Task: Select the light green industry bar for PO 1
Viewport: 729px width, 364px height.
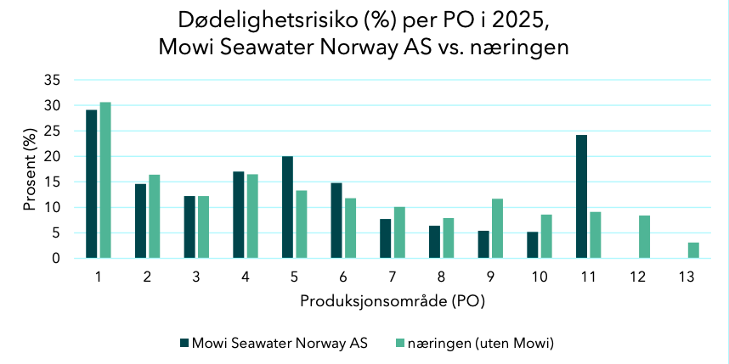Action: [105, 180]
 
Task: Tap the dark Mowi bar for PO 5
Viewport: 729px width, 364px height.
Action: [287, 207]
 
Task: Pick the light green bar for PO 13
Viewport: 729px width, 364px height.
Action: [693, 250]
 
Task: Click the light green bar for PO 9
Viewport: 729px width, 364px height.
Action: [497, 228]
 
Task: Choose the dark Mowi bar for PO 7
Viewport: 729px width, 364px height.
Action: [386, 238]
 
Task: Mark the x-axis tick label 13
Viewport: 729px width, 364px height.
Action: [687, 277]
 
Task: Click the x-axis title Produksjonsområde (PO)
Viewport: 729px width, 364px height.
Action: [393, 302]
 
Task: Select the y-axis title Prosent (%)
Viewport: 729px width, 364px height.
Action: [28, 171]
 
